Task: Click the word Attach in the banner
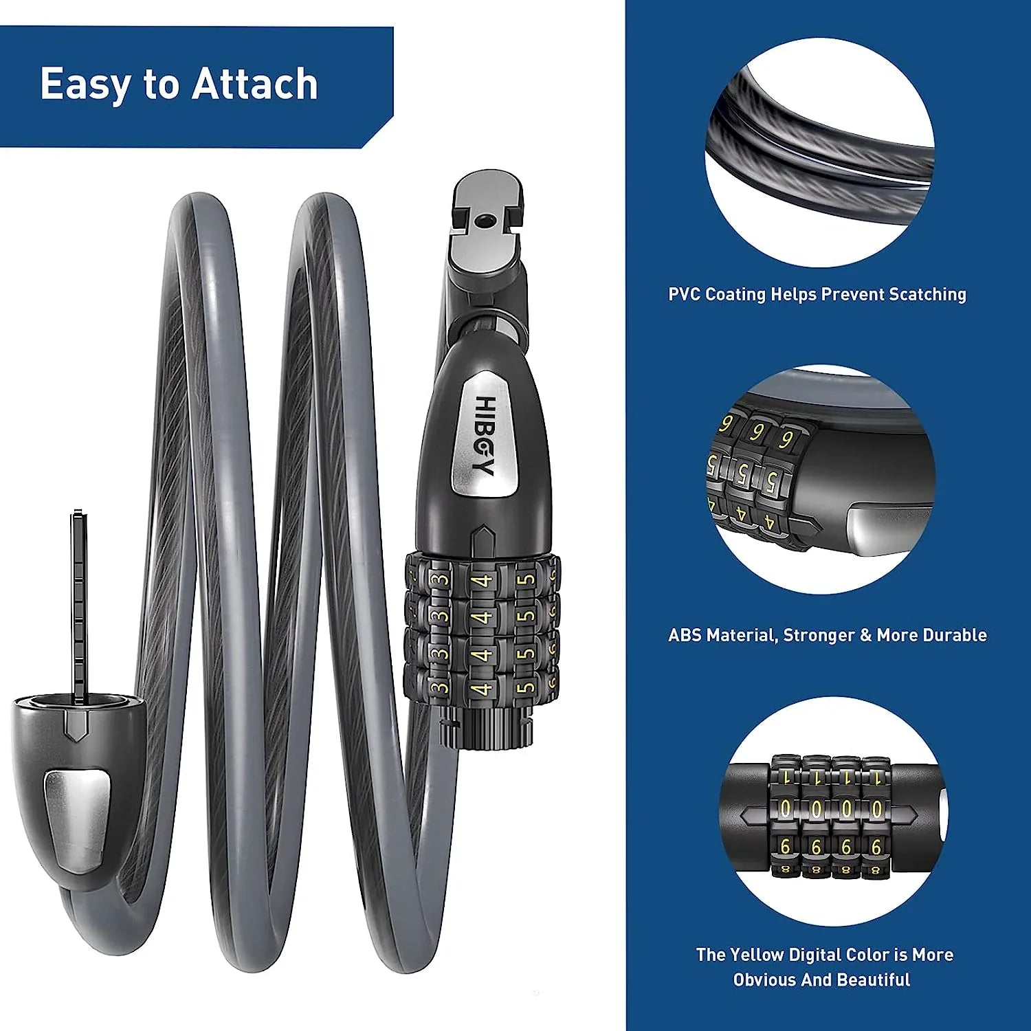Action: tap(254, 84)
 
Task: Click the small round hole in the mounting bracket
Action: tap(484, 220)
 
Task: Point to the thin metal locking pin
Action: tap(79, 605)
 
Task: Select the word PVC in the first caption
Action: tap(684, 295)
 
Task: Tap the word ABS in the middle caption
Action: tap(685, 635)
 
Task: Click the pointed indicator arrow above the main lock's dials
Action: tap(483, 540)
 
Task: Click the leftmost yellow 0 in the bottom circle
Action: tap(785, 809)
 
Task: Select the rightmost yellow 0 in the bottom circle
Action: tap(876, 809)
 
